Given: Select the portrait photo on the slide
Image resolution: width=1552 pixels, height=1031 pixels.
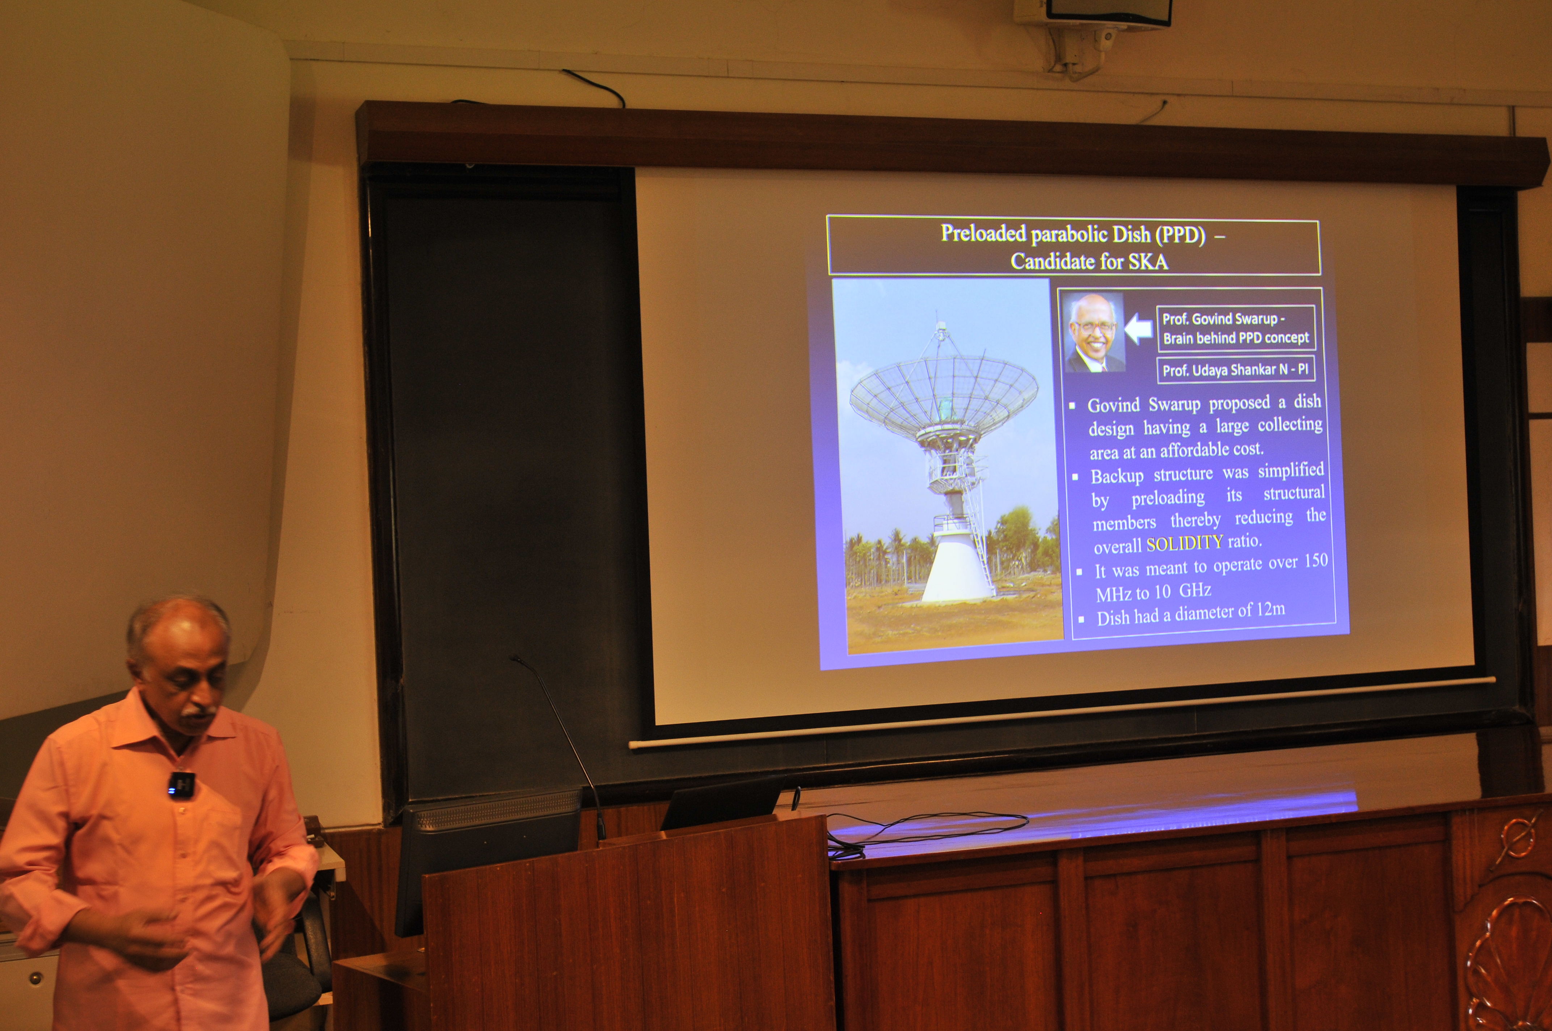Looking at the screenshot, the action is [1095, 332].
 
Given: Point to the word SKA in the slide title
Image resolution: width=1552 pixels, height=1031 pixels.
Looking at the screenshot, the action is [1148, 262].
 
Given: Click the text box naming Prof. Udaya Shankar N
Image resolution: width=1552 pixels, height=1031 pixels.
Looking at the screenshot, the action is [1235, 370].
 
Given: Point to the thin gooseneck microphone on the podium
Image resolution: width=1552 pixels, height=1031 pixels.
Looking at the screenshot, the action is [559, 743].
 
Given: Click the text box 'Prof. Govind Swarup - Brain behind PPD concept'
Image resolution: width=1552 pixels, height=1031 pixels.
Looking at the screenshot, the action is [1236, 328].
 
